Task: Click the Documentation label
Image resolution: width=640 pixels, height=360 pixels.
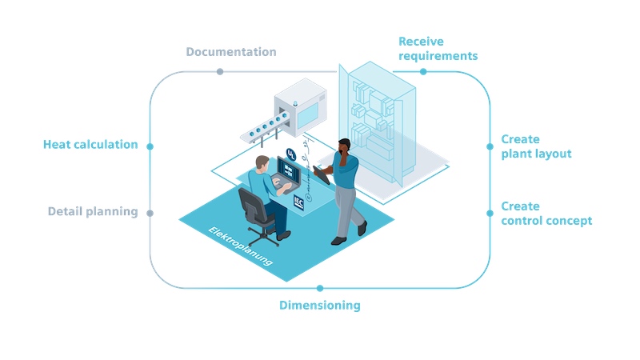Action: [x=231, y=52]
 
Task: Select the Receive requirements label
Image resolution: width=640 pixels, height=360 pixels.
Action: [x=438, y=49]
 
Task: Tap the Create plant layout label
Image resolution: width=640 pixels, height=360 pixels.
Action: [x=536, y=146]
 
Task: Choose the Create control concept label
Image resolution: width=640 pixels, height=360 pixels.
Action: [x=546, y=214]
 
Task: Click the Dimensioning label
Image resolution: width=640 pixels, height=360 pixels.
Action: [x=319, y=306]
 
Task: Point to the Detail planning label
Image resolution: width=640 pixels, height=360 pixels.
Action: [x=93, y=211]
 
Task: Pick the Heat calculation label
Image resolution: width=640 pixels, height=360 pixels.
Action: [x=90, y=145]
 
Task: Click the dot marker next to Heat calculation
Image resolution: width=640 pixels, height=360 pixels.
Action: [x=150, y=146]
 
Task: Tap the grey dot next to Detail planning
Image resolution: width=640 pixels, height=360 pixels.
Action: [x=150, y=213]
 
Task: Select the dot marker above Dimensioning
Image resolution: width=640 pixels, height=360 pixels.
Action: [x=320, y=289]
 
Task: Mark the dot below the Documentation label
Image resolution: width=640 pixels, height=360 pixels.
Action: [x=220, y=72]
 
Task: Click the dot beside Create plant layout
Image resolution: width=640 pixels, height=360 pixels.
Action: [x=490, y=146]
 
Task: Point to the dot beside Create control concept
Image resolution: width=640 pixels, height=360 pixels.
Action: [x=490, y=213]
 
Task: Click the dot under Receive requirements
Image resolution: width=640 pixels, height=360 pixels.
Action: [x=423, y=72]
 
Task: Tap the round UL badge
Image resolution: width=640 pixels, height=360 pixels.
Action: [x=291, y=154]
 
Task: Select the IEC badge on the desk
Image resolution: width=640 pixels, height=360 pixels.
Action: [x=298, y=203]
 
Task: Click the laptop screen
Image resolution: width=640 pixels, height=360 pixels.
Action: [x=289, y=170]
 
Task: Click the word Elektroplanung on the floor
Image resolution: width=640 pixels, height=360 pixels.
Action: [x=241, y=246]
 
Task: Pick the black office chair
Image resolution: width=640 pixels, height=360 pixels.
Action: [x=257, y=215]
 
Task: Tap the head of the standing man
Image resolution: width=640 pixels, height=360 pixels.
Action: [x=345, y=146]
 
